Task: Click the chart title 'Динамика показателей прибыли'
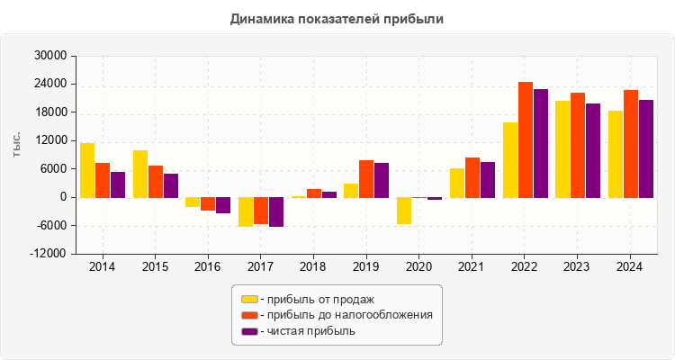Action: [337, 18]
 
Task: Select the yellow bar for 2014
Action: [87, 170]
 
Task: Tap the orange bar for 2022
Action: [526, 139]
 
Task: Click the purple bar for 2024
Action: [646, 148]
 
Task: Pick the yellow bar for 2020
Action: [404, 211]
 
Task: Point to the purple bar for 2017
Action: [276, 211]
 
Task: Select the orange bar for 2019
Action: [366, 178]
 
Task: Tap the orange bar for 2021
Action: [472, 177]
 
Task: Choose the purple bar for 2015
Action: [171, 185]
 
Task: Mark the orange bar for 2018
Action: [314, 193]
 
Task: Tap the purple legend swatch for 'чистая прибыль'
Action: [249, 331]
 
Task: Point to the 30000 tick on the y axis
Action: [51, 56]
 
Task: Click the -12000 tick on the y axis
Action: [49, 254]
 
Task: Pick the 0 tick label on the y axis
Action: [63, 197]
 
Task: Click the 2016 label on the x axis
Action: [208, 267]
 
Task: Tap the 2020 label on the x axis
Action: [419, 267]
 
